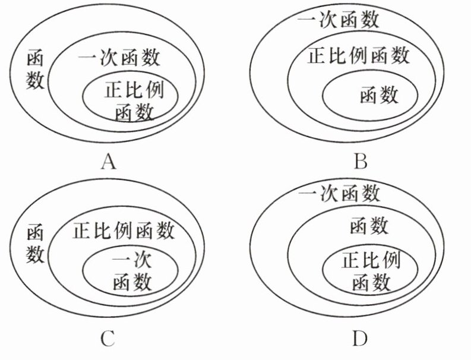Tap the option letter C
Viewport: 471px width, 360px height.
[x=108, y=338]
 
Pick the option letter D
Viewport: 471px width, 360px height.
[x=360, y=338]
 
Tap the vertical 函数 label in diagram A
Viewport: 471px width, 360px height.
[x=35, y=70]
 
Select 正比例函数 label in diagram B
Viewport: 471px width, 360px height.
[x=359, y=56]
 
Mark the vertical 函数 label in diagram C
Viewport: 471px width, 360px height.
[x=35, y=245]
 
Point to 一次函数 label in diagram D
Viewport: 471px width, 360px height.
[x=339, y=194]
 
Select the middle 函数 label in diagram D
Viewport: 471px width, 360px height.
[x=369, y=226]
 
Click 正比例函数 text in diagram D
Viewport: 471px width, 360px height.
[x=369, y=271]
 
